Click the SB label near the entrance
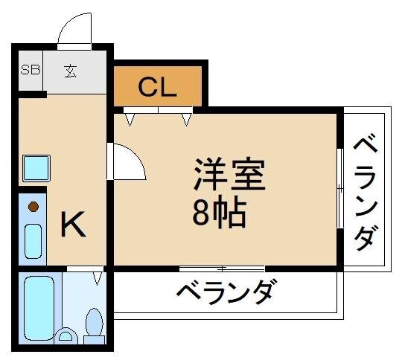point(30,72)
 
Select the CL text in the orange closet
point(158,87)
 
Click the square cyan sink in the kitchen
point(34,169)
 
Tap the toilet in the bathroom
point(95,325)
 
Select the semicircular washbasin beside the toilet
point(66,335)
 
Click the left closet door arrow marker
point(130,117)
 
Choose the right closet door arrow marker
point(186,117)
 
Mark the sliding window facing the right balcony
point(340,190)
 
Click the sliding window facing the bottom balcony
point(222,268)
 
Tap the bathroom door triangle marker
point(97,278)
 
